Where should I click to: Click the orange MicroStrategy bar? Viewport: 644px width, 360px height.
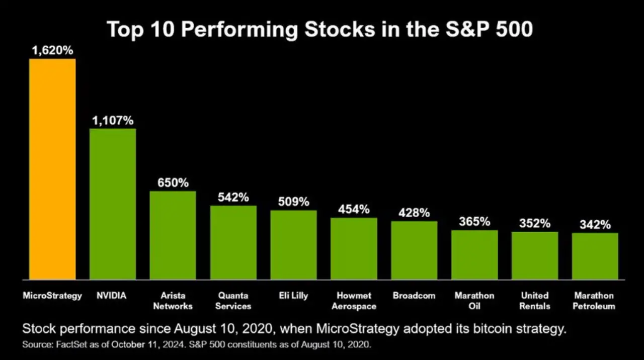52,169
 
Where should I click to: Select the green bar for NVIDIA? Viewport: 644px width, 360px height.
113,204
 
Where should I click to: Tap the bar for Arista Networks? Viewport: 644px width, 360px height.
173,235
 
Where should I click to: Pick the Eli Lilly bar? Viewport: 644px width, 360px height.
294,244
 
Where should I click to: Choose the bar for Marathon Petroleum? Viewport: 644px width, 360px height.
595,256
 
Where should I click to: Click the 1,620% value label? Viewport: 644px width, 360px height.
52,50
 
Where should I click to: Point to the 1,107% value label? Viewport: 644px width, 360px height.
113,121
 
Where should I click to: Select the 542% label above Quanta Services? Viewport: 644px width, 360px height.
233,198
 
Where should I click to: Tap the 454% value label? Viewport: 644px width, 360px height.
354,210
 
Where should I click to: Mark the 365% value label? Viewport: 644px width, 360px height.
474,222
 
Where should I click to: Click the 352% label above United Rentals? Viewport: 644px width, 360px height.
535,224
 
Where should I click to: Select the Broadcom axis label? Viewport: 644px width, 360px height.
414,296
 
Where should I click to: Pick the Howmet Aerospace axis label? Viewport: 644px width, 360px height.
354,301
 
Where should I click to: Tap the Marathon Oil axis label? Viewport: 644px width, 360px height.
474,301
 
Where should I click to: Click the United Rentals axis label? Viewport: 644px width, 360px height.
535,301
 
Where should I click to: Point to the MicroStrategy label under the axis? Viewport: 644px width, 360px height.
52,296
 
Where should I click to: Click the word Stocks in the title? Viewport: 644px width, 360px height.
337,30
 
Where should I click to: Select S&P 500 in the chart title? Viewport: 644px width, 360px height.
489,30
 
